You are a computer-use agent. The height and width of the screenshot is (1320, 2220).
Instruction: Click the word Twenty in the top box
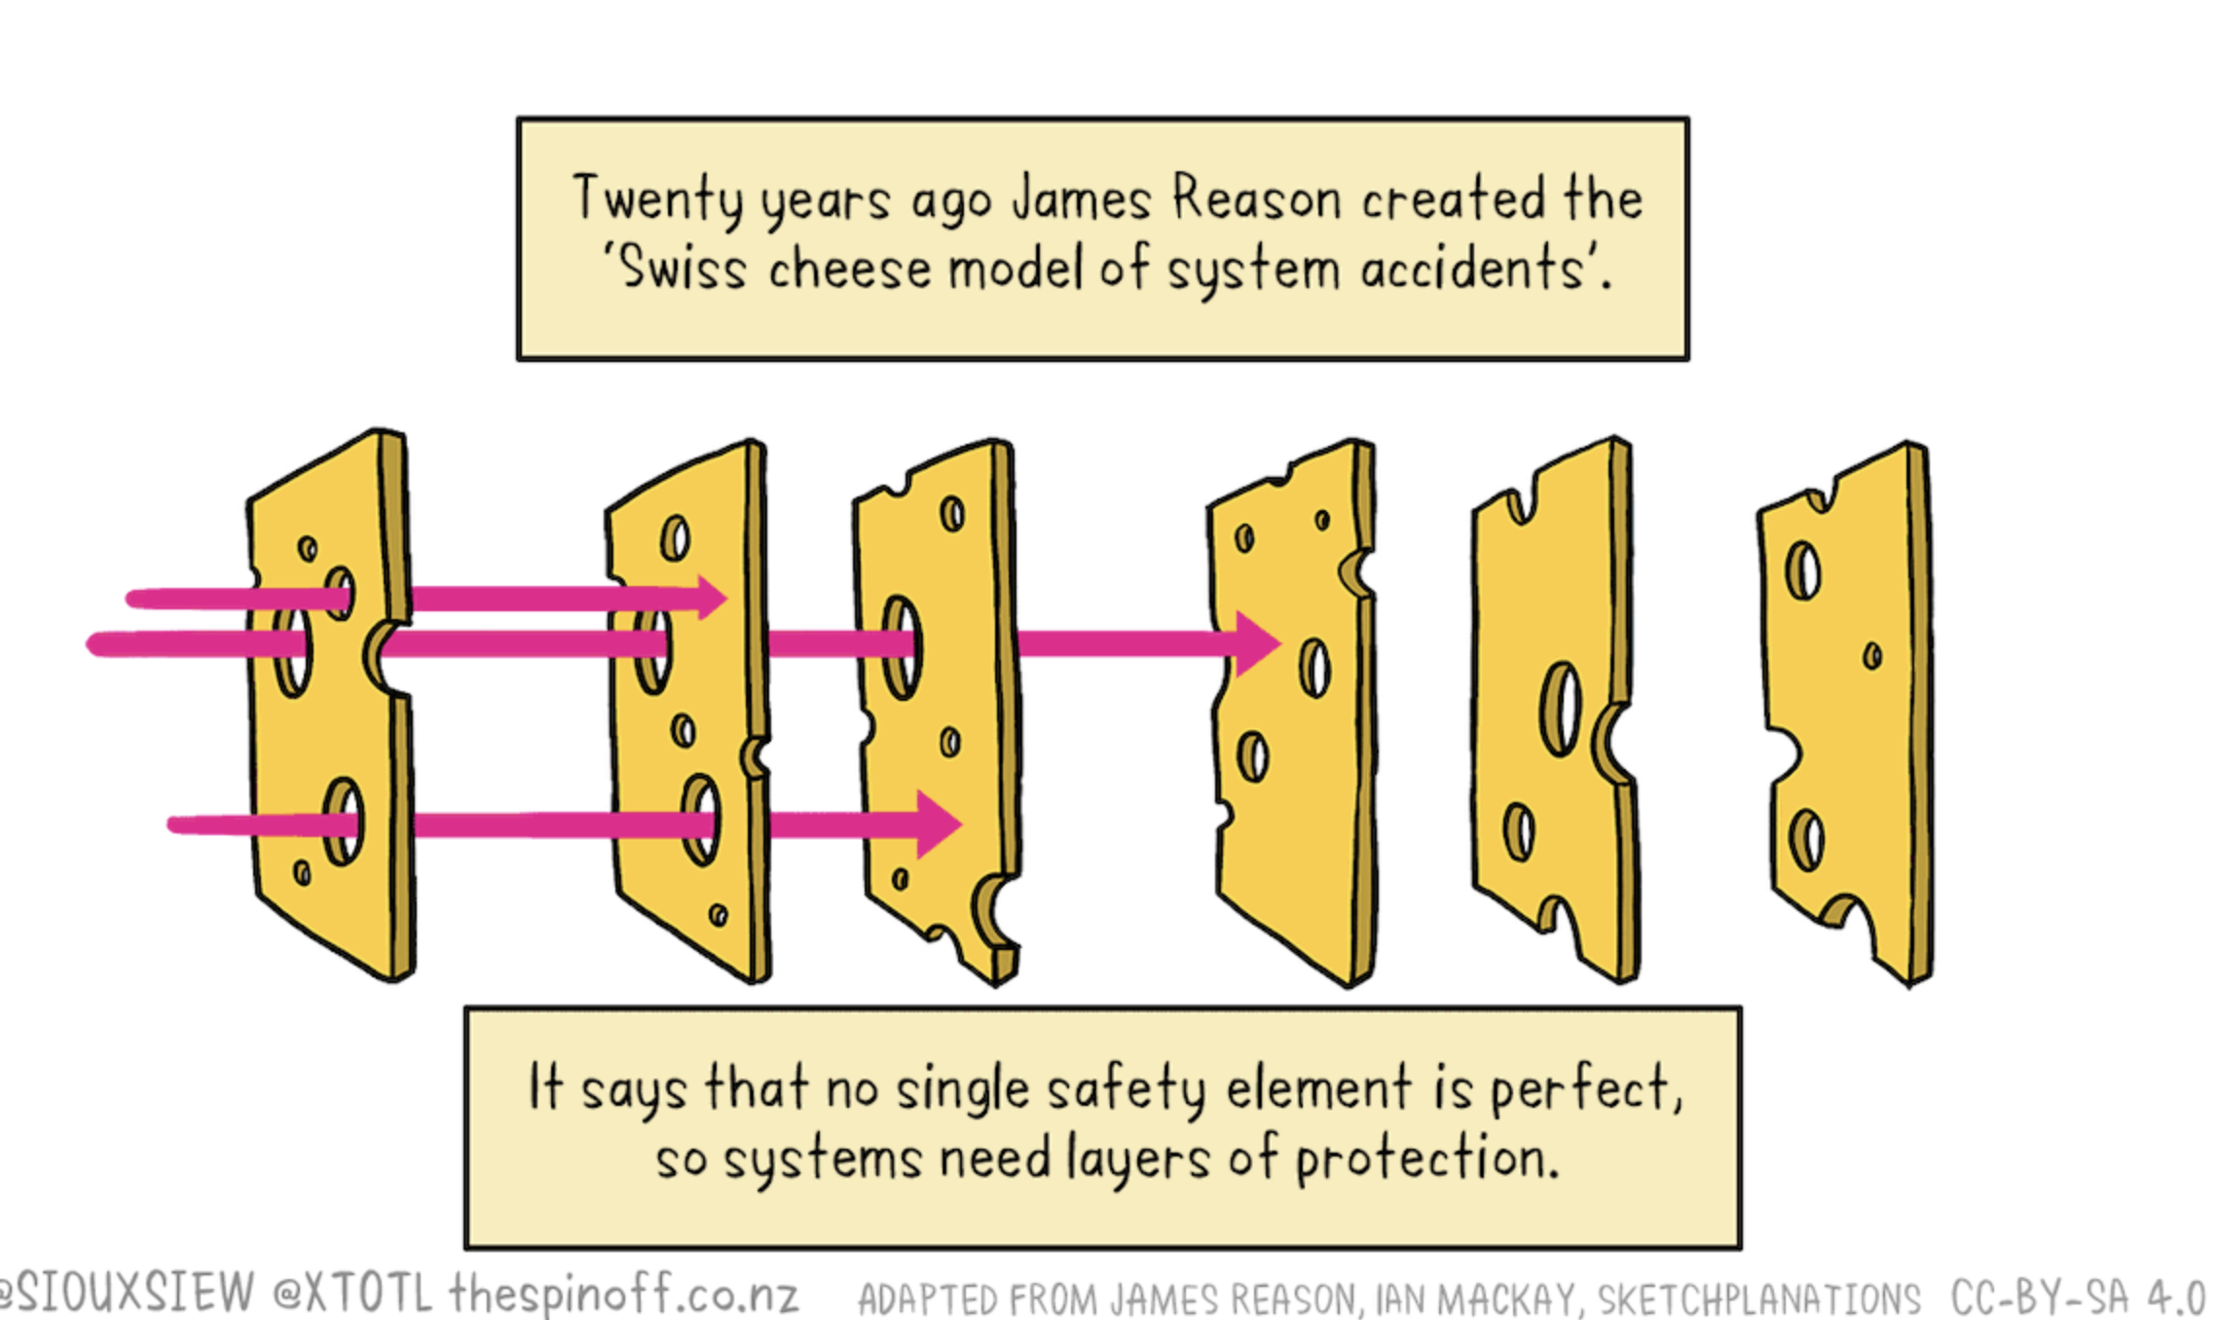[658, 199]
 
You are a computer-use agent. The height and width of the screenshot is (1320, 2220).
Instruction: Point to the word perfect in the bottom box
[1581, 1088]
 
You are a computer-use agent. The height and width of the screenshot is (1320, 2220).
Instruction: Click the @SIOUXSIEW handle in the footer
[127, 1294]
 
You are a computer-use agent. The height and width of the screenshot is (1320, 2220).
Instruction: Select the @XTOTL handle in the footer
[352, 1294]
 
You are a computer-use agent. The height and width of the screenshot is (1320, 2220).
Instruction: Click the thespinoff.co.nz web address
[623, 1294]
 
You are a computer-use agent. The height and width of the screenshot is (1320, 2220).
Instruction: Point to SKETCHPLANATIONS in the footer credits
[1758, 1299]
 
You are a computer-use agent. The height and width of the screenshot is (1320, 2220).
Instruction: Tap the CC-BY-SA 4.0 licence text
[2078, 1297]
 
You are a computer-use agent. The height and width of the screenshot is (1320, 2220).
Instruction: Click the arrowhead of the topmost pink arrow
[712, 597]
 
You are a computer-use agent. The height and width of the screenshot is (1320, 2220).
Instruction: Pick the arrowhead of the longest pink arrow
[1257, 643]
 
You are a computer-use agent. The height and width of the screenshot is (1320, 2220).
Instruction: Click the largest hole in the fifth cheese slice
[1561, 709]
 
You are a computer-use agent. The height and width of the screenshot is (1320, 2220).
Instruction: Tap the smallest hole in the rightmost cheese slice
[1872, 656]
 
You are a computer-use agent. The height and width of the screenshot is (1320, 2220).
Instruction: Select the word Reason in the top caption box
[1256, 199]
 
